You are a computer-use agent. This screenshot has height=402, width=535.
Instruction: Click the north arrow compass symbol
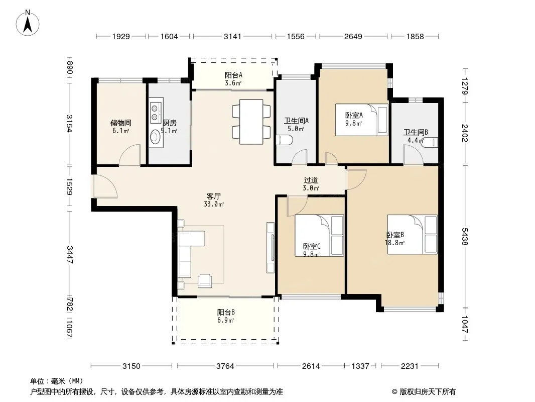pos(28,23)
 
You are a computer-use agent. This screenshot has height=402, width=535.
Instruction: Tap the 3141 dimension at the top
pos(232,36)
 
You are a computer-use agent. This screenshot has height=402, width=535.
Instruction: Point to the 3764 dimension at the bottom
pos(225,366)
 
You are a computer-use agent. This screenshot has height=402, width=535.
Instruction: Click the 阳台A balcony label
pos(233,75)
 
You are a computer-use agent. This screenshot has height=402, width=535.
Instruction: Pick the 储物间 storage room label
pos(121,123)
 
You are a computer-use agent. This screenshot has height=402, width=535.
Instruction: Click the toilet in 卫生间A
pos(284,140)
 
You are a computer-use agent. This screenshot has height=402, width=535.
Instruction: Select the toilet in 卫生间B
pos(430,142)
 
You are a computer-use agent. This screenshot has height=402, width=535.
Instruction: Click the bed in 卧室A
pos(362,120)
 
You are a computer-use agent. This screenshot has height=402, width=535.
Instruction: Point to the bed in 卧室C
pos(319,235)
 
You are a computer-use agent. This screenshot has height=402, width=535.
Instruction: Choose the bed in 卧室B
pos(412,234)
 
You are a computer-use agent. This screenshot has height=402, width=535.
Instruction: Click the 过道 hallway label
pos(311,180)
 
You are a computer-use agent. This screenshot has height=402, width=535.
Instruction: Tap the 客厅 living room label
pos(214,196)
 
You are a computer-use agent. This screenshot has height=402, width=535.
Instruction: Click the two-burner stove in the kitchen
pos(155,113)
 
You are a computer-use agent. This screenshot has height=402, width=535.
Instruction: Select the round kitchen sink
pos(155,137)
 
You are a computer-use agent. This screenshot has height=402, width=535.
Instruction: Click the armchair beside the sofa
pos(205,280)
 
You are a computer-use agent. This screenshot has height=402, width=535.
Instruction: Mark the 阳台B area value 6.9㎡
pos(225,321)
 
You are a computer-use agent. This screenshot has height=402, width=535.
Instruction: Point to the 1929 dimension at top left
pos(121,36)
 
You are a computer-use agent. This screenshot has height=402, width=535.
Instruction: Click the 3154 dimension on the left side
pos(70,123)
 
